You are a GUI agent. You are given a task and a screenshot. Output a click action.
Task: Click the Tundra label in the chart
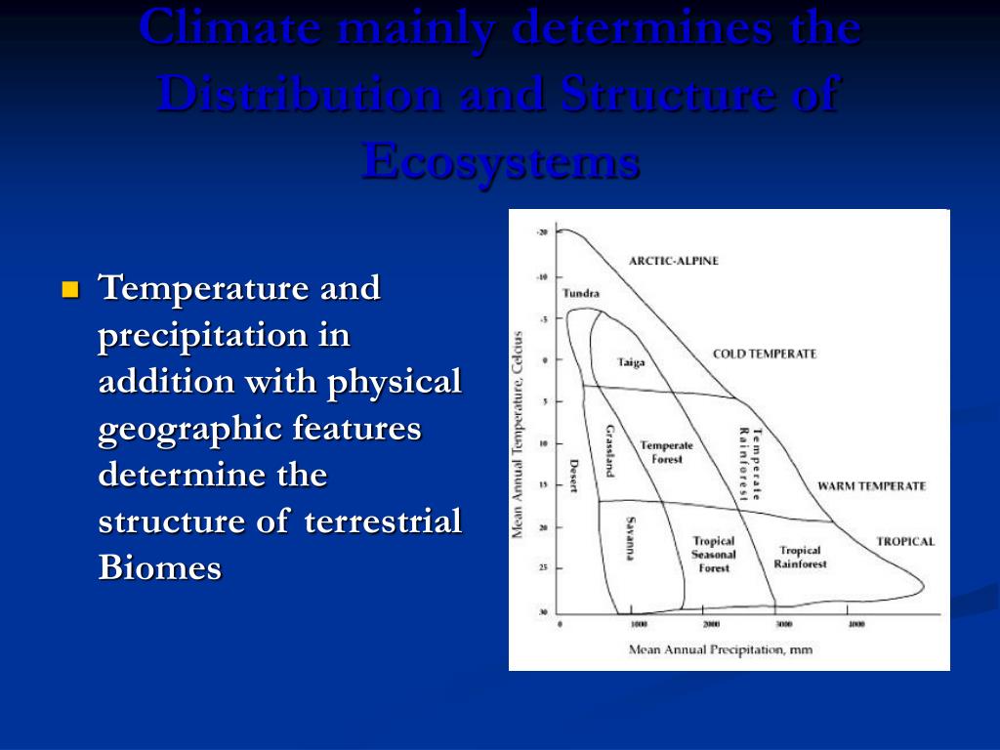click(581, 293)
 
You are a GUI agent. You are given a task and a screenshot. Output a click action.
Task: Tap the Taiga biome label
click(631, 362)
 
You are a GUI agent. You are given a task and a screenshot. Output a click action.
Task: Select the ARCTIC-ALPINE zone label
click(673, 261)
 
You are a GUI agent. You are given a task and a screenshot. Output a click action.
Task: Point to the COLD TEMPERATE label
click(764, 354)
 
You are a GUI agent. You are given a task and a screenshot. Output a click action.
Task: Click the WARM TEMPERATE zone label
click(871, 486)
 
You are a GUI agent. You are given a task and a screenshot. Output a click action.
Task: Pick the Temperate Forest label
click(667, 452)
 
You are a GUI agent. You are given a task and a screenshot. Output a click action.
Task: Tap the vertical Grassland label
click(609, 450)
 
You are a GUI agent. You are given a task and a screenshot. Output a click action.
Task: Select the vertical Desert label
click(574, 476)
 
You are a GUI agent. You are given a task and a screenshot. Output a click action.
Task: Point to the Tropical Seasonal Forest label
click(713, 554)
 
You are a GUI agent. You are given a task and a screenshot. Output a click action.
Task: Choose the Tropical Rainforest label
click(800, 557)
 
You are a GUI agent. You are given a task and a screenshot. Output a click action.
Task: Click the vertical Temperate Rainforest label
click(749, 463)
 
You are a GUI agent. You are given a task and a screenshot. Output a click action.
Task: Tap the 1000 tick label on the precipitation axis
click(639, 623)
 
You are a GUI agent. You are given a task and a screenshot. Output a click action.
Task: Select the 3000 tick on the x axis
click(783, 623)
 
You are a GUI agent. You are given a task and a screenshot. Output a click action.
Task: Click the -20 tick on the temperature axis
click(542, 232)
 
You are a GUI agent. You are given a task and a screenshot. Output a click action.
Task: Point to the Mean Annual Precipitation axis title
click(720, 649)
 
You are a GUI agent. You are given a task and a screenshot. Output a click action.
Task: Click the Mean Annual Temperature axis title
click(519, 435)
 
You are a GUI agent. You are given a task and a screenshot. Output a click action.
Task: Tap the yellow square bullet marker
click(69, 289)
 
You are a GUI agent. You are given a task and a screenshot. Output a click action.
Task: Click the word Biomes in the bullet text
click(160, 567)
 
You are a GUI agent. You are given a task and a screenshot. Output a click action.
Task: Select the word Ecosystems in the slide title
click(500, 161)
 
